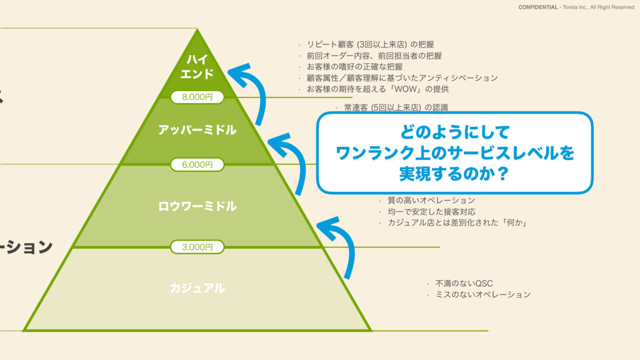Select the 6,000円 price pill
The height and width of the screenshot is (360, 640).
tap(197, 164)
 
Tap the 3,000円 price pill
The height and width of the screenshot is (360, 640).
tap(197, 247)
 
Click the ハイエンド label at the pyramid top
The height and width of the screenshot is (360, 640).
tap(197, 67)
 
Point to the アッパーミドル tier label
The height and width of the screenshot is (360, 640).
tap(197, 130)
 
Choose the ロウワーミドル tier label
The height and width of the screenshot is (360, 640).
tap(197, 206)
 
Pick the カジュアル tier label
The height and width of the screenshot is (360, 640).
tap(197, 288)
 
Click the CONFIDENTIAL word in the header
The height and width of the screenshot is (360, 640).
tap(538, 7)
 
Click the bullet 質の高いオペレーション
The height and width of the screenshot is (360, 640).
tap(431, 200)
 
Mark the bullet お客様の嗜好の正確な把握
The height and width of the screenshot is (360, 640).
tap(354, 66)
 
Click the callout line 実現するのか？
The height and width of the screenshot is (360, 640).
tap(454, 172)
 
